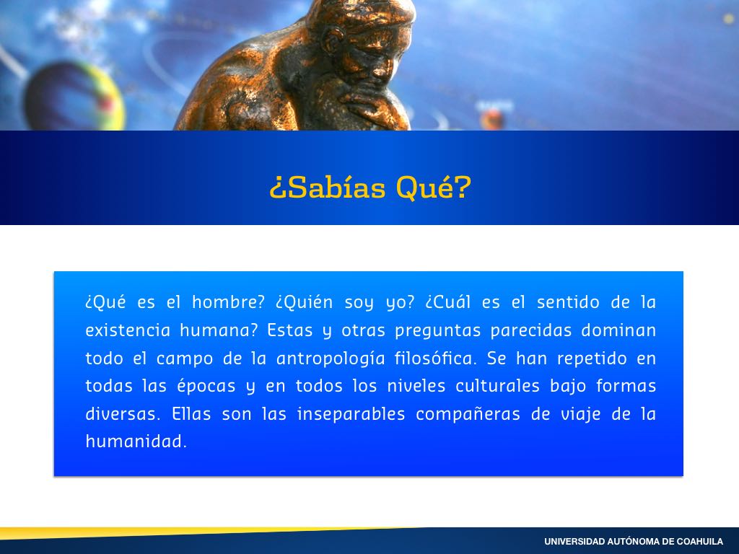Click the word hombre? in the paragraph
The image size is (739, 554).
pyautogui.click(x=229, y=302)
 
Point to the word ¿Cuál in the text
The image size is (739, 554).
pyautogui.click(x=447, y=302)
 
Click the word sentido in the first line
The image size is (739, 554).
pyautogui.click(x=568, y=302)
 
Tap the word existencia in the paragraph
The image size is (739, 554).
pyautogui.click(x=128, y=330)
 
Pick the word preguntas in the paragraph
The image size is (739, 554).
pyautogui.click(x=438, y=330)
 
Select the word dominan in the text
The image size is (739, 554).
pyautogui.click(x=618, y=330)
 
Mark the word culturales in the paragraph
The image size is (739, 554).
pyautogui.click(x=497, y=386)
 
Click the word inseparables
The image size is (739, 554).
pyautogui.click(x=351, y=415)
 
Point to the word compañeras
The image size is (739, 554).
pyautogui.click(x=468, y=415)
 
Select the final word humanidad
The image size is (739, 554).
pyautogui.click(x=136, y=441)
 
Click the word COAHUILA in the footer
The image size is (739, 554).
pyautogui.click(x=700, y=542)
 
